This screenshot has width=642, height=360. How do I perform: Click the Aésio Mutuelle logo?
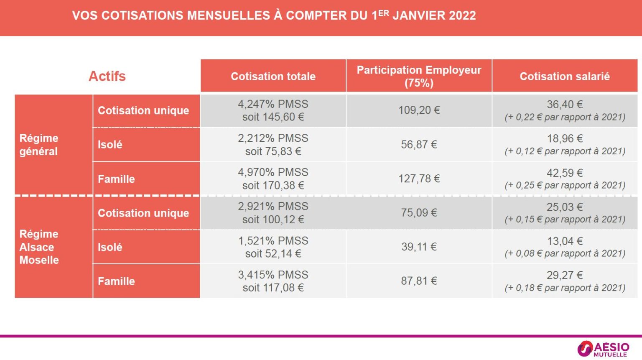[x=603, y=349]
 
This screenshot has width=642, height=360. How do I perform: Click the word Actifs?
[x=107, y=76]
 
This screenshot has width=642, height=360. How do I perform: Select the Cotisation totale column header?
[x=273, y=76]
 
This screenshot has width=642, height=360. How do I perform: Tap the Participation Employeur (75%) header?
[x=419, y=76]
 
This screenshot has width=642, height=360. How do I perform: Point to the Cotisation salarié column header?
[x=564, y=76]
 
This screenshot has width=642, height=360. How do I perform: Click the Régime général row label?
[x=39, y=145]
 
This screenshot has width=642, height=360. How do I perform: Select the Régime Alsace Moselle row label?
[x=39, y=247]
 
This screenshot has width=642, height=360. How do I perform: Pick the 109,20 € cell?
[x=419, y=110]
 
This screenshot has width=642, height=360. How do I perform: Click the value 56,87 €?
[x=419, y=145]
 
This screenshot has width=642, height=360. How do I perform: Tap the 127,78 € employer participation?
[x=419, y=179]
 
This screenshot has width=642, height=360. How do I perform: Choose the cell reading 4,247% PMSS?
[x=273, y=104]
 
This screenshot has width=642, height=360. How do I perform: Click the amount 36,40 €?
[x=564, y=104]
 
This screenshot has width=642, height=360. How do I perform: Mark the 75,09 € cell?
[x=419, y=212]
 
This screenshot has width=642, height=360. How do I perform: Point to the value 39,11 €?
[x=419, y=247]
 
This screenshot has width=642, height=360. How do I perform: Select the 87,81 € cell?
[x=419, y=281]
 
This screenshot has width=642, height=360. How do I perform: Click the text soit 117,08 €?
[x=273, y=288]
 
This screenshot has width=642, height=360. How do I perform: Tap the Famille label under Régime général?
[x=116, y=179]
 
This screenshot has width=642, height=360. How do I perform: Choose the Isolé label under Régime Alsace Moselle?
[x=110, y=247]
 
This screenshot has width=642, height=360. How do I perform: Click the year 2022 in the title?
[x=462, y=15]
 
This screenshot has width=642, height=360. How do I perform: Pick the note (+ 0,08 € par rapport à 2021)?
[x=564, y=253]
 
